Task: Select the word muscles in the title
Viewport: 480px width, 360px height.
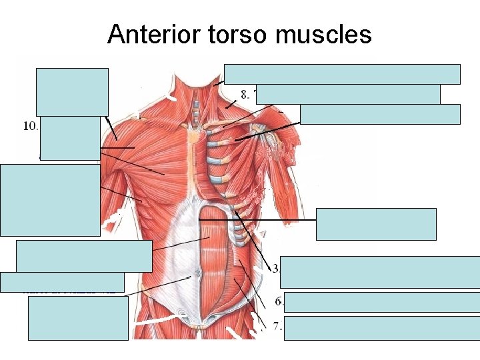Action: click(x=321, y=35)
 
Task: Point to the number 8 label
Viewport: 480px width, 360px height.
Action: click(x=245, y=94)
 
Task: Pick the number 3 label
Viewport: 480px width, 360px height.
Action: click(x=275, y=268)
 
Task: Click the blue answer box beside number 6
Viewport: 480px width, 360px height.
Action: click(x=381, y=302)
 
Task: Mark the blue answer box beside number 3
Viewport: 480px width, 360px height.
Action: click(x=379, y=271)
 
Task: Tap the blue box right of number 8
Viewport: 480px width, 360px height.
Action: click(x=347, y=94)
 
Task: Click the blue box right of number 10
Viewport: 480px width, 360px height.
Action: click(x=69, y=139)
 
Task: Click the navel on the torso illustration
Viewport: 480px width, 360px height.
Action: click(x=198, y=275)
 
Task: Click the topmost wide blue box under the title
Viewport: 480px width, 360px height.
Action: click(x=342, y=73)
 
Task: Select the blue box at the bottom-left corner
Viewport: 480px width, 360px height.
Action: click(x=78, y=318)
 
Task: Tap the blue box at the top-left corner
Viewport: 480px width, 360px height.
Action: click(x=72, y=92)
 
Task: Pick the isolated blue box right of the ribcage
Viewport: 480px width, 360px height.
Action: click(x=376, y=224)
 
